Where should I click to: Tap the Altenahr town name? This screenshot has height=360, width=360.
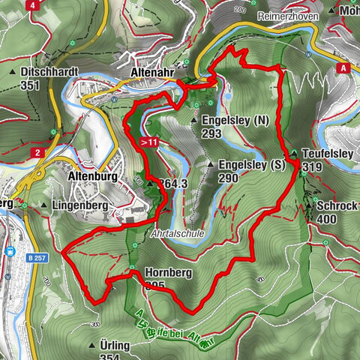[x=153, y=70]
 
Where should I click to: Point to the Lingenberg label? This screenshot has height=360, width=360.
[x=75, y=205]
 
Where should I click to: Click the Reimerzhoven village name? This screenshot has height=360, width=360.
[x=289, y=16]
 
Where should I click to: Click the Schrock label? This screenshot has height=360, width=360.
[x=336, y=205]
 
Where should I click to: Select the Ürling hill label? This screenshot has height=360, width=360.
[x=114, y=344]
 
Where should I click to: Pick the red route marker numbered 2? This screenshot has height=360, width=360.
[x=36, y=153]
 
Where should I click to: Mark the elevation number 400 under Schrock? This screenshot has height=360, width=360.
[x=326, y=218]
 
